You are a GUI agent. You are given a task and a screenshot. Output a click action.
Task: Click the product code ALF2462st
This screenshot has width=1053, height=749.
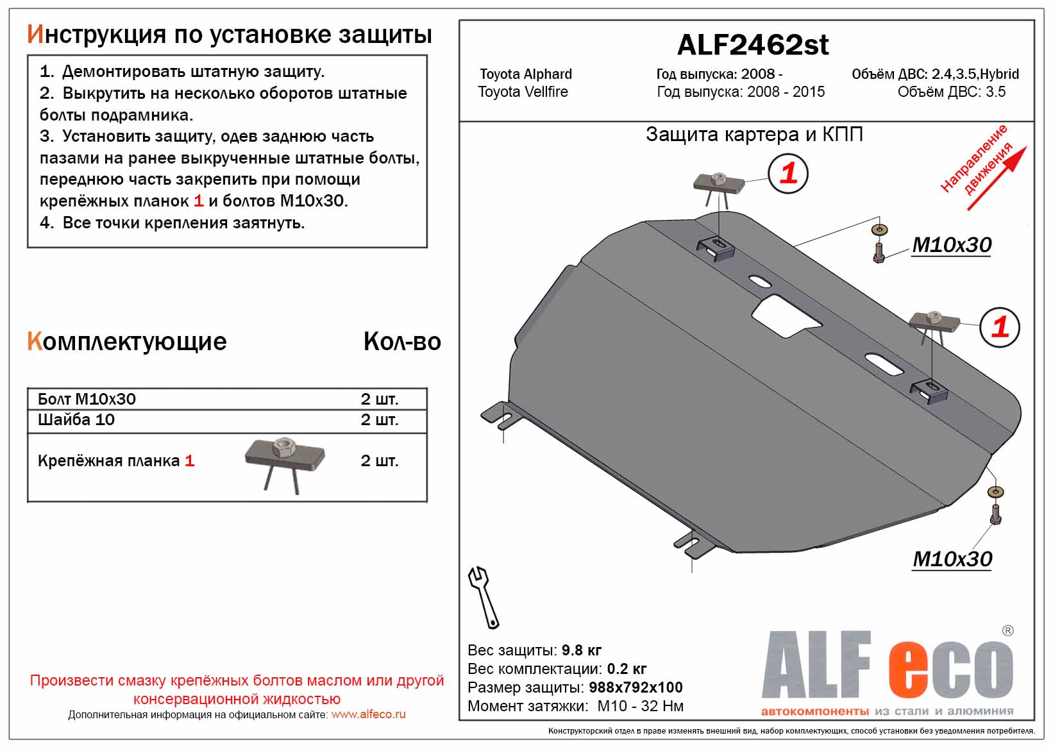tap(753, 45)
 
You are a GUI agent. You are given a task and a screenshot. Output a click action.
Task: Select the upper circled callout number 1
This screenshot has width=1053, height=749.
tap(788, 174)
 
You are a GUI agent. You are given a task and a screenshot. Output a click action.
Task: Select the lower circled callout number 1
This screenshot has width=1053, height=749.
tap(999, 328)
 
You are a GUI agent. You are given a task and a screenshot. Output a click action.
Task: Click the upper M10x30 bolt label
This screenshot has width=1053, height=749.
tap(952, 245)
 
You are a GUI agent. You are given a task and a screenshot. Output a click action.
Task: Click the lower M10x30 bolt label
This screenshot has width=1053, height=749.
tap(952, 559)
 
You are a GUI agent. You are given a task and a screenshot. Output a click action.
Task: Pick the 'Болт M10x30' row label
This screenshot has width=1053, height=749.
tap(87, 399)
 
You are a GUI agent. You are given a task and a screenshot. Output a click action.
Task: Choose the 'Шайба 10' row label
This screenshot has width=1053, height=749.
tap(76, 420)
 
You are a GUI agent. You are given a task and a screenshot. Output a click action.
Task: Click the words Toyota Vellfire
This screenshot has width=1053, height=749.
tap(523, 92)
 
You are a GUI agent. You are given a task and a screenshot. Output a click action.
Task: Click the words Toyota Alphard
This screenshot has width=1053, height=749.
tap(526, 74)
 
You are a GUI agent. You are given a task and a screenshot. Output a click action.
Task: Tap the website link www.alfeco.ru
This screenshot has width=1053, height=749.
tap(368, 714)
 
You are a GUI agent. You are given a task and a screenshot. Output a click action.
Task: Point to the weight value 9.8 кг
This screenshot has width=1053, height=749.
tap(581, 650)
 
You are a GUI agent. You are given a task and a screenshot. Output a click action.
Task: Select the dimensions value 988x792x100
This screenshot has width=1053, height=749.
tap(636, 687)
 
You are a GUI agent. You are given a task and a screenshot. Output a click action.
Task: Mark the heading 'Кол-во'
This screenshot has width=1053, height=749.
tap(402, 342)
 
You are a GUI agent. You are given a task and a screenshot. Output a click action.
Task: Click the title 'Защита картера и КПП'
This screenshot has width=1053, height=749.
tap(754, 134)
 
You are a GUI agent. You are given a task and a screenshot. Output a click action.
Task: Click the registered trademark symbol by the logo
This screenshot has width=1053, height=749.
tap(1007, 631)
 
